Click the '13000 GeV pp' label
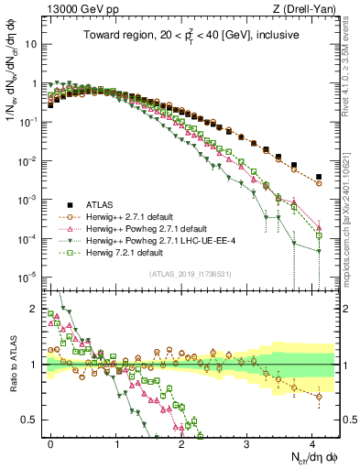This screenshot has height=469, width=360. point(78,10)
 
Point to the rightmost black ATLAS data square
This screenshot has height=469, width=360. point(319,177)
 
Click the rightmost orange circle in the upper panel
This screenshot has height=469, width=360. point(319,183)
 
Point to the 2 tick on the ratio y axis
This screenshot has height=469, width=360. point(37,309)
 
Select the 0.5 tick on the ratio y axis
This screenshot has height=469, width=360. point(34,420)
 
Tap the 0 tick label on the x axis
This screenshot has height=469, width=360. point(50,442)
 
